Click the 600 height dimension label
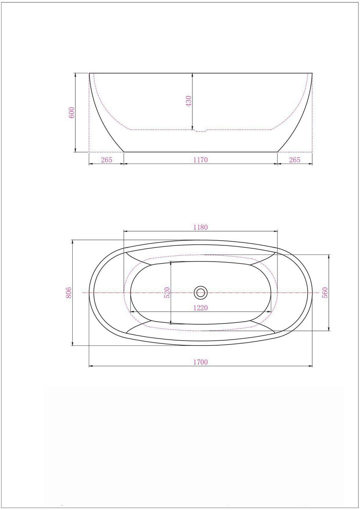[71, 112]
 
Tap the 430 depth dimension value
[189, 101]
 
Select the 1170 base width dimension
[200, 160]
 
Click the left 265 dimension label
[106, 160]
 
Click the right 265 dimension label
[295, 160]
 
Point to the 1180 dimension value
[200, 227]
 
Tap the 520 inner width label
[167, 293]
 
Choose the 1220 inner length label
[200, 308]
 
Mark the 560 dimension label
[325, 293]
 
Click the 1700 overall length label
[200, 362]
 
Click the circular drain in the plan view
[200, 292]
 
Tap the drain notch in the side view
[200, 131]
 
